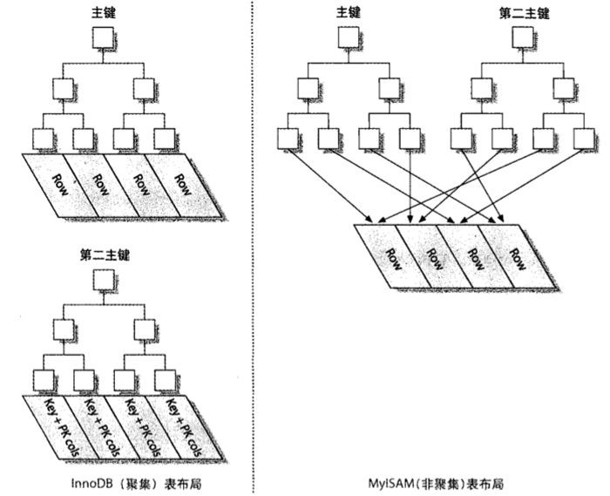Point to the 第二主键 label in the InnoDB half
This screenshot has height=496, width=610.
pos(104,255)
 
